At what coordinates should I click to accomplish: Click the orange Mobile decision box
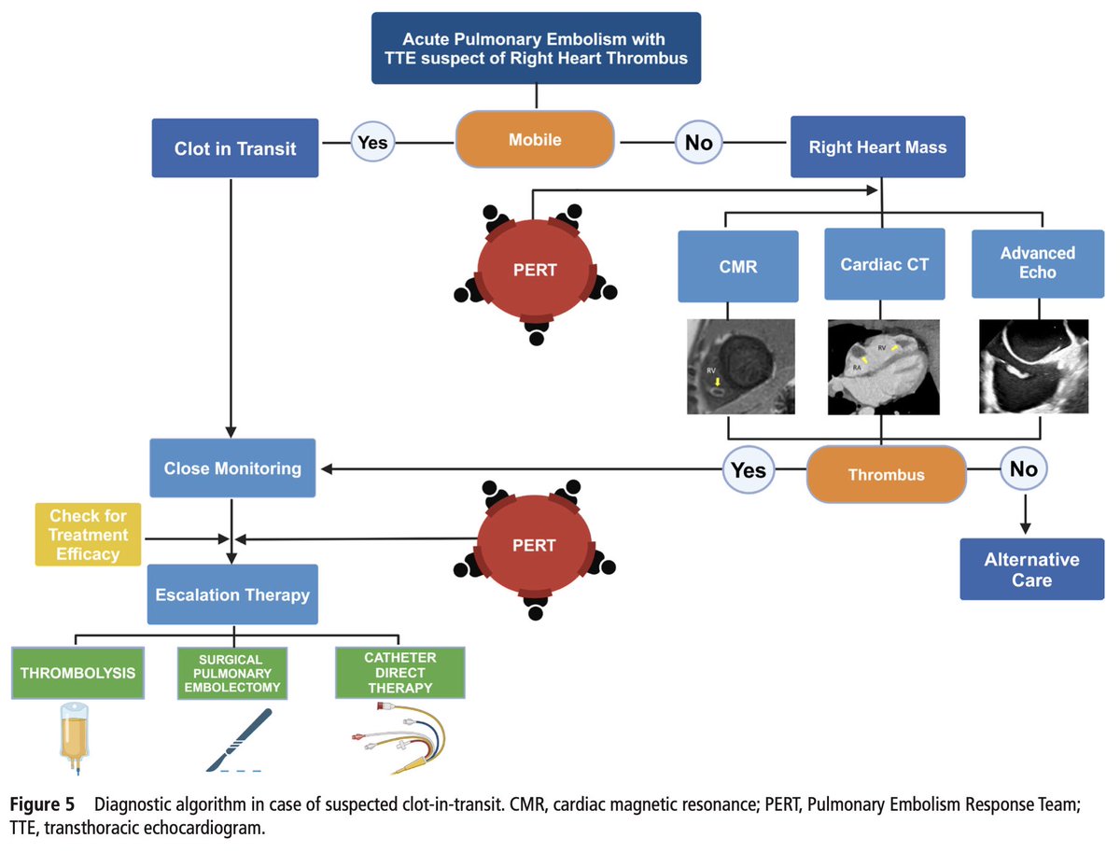click(535, 140)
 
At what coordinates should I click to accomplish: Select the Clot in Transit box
click(235, 147)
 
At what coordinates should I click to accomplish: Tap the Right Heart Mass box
click(877, 147)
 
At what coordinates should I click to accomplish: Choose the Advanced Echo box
click(1037, 263)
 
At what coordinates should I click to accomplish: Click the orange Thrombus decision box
click(886, 475)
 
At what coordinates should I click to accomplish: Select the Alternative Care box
click(1030, 569)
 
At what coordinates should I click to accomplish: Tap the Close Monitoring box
click(232, 468)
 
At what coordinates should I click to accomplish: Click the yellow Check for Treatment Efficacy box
click(89, 535)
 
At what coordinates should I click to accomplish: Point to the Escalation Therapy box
click(232, 594)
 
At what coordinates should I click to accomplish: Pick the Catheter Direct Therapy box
click(399, 673)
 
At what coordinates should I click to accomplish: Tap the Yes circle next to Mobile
click(373, 143)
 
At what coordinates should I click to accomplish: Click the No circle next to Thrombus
click(1024, 469)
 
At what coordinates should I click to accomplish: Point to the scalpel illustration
click(233, 740)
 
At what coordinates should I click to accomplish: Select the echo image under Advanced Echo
click(1034, 367)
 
